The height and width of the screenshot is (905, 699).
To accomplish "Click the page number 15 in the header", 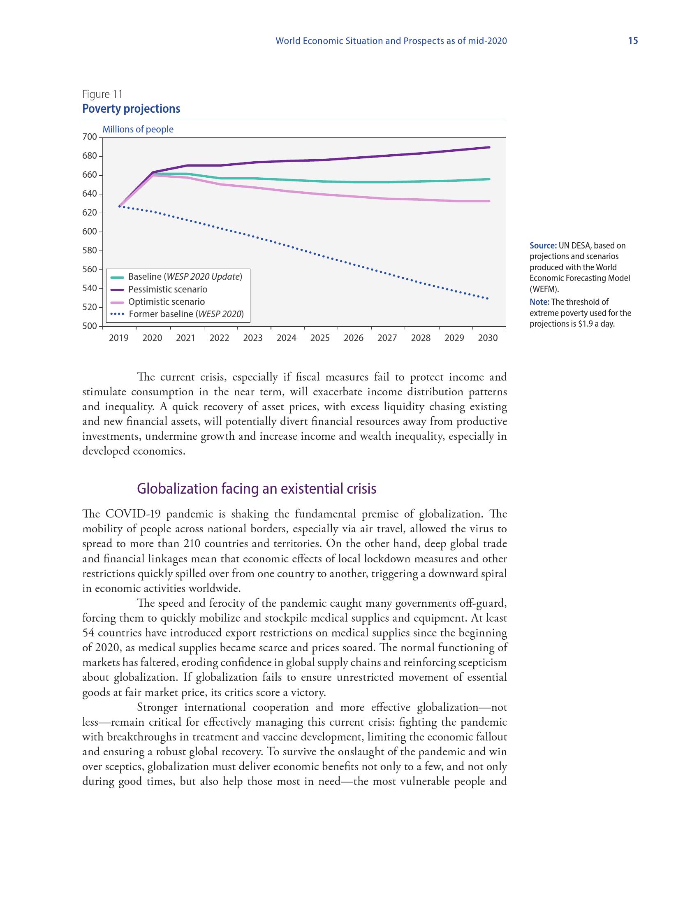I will click(633, 41).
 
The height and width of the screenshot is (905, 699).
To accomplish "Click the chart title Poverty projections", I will click(131, 109).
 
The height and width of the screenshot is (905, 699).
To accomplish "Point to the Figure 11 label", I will click(102, 95).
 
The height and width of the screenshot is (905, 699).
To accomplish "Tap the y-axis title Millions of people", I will click(138, 129).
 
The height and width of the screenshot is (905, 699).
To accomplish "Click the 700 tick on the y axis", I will click(90, 137).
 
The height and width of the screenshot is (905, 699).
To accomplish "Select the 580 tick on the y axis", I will click(90, 250).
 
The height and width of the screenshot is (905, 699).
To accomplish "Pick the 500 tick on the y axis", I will click(90, 326).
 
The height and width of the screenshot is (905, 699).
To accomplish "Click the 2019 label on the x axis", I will click(119, 338).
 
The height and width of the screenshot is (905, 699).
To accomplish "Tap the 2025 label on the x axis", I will click(320, 338).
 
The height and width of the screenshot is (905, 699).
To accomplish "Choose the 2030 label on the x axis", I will click(488, 338).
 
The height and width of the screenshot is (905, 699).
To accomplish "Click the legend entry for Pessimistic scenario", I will click(167, 289).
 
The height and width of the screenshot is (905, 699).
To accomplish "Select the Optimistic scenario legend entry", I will click(166, 302).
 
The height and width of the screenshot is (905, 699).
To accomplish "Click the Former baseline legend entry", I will click(186, 314).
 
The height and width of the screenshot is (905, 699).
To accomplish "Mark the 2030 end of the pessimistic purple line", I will click(489, 147).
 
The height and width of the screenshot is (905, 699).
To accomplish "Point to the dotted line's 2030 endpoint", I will click(488, 298).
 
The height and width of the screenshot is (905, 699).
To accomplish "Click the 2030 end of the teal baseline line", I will click(489, 179).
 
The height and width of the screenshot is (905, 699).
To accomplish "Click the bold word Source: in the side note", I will click(543, 245).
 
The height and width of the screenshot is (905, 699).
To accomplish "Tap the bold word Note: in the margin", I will click(539, 302).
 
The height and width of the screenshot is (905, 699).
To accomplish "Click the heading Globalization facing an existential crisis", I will click(256, 489).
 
